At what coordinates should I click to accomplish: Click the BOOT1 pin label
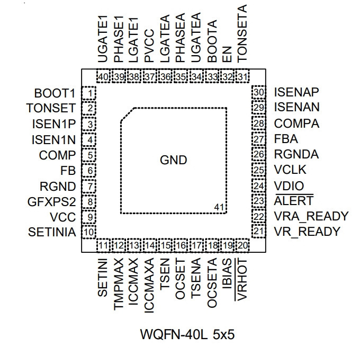pos(55,93)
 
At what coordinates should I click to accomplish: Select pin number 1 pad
pos(89,93)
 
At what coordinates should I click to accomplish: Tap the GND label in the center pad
pos(174,160)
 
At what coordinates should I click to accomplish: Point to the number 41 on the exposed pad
pos(219,207)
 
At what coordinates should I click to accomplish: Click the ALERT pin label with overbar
pos(294,200)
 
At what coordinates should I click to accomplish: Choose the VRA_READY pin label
pos(311,216)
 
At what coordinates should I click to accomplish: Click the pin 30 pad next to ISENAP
pos(258,92)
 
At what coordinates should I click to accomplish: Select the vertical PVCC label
pos(149,46)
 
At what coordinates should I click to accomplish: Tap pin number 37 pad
pos(150,76)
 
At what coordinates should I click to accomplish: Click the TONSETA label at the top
pos(242,33)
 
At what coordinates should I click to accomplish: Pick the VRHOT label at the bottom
pos(242,279)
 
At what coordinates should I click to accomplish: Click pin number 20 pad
pos(242,245)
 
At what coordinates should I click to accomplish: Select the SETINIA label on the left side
pos(52,232)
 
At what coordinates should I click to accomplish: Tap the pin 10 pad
pos(89,232)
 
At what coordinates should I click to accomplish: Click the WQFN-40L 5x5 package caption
pos(187,334)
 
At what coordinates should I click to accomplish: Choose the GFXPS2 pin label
pos(51,202)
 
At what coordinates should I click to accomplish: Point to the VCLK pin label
pos(290,170)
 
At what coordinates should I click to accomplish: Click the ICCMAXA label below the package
pos(149,286)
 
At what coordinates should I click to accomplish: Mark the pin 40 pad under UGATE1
pos(103,76)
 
